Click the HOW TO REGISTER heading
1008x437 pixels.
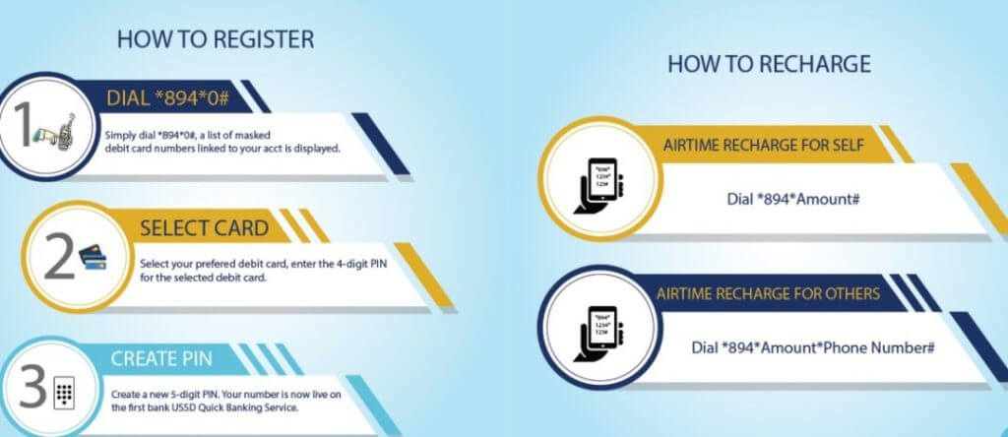(216, 39)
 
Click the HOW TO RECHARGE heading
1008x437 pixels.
(769, 64)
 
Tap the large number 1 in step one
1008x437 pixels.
(24, 127)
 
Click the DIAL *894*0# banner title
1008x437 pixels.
(168, 98)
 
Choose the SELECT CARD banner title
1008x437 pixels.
(204, 228)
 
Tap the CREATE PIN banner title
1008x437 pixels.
(160, 358)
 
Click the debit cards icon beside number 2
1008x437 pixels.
(94, 258)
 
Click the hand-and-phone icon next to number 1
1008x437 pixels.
(54, 133)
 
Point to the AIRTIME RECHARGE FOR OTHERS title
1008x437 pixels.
(768, 293)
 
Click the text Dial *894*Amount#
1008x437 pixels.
(793, 199)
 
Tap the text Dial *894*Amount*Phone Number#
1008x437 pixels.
(812, 347)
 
